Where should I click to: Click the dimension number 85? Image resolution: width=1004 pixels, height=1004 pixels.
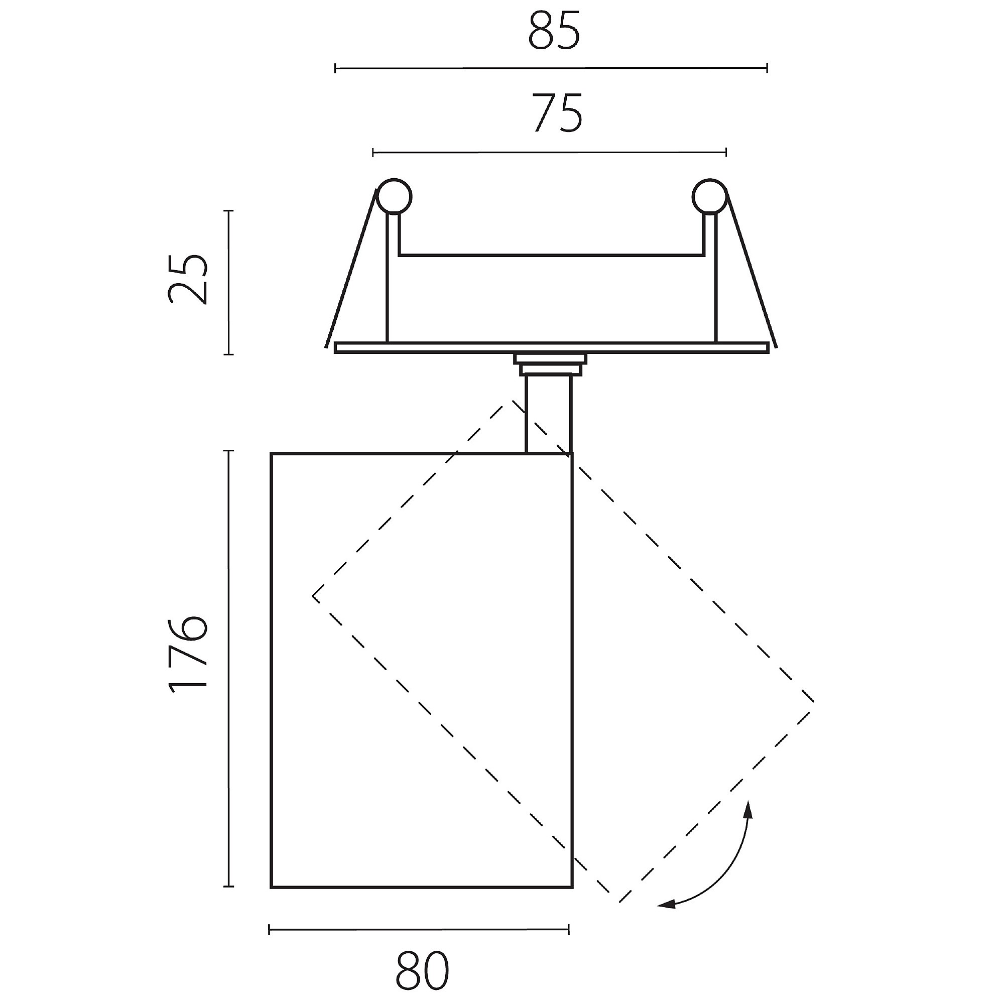click(x=554, y=32)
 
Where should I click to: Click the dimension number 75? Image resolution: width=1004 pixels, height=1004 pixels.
click(x=557, y=113)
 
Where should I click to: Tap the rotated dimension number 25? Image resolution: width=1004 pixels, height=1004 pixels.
click(x=188, y=279)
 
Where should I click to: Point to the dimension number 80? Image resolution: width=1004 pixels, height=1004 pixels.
click(x=422, y=971)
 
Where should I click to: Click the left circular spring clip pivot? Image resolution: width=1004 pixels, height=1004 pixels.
click(x=395, y=196)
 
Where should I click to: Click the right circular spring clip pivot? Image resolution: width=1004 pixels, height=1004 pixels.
click(x=709, y=196)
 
